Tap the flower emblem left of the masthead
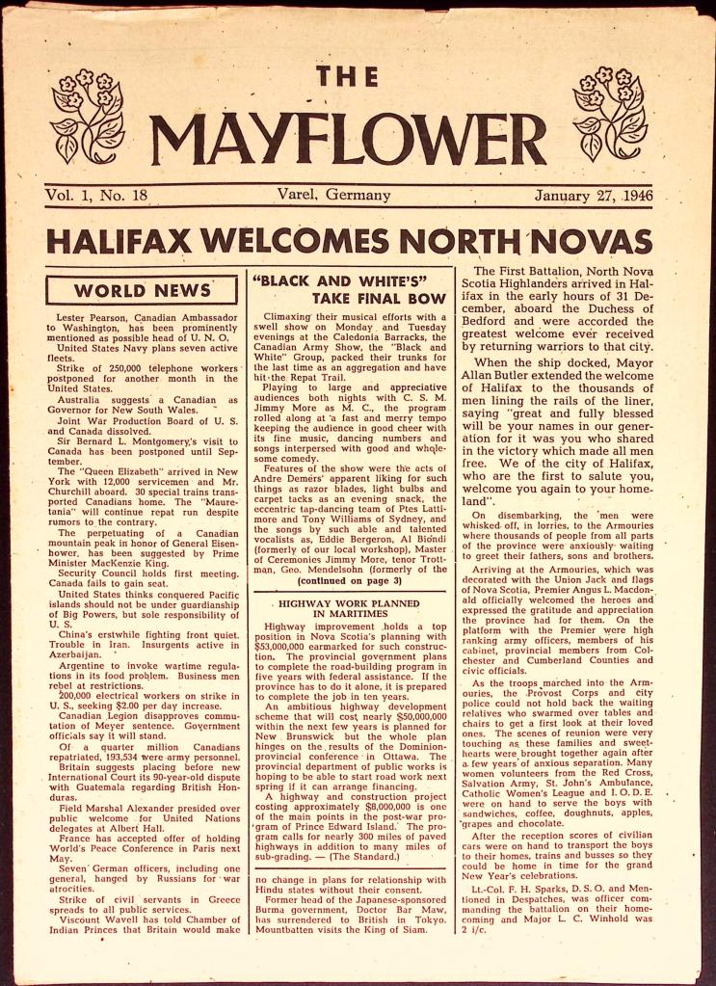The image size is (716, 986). (88, 115)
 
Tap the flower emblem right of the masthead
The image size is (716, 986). (610, 115)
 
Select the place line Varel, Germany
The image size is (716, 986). (332, 196)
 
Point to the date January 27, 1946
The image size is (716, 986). (594, 196)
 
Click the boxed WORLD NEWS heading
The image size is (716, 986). (142, 290)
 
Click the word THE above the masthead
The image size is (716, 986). (347, 77)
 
